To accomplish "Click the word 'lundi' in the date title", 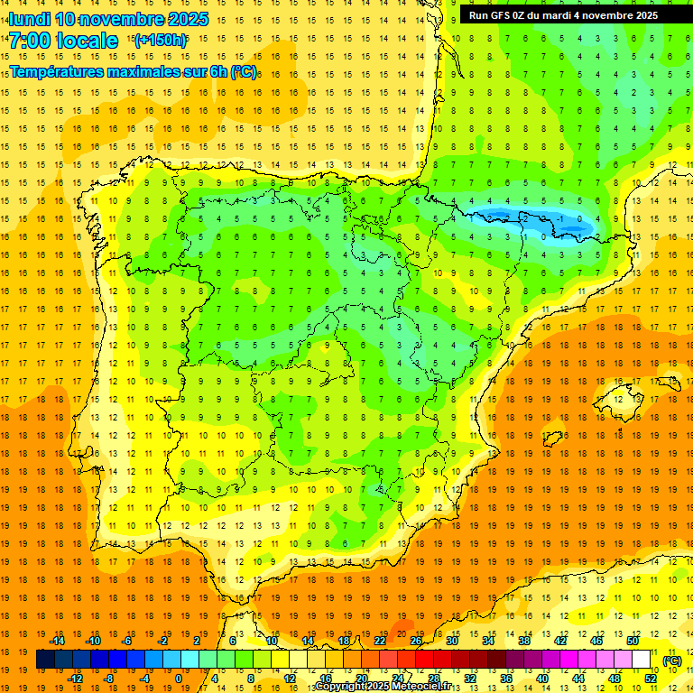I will [x=29, y=19].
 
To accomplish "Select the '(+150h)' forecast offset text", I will [x=160, y=41].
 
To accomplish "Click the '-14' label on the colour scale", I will [x=59, y=641].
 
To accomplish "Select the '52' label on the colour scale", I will [x=651, y=678].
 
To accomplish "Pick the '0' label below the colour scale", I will [x=179, y=678].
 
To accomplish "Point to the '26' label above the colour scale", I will [x=416, y=641].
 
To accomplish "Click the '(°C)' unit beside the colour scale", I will [x=671, y=661].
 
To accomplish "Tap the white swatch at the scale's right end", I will [x=642, y=660].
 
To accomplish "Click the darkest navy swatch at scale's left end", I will [x=45, y=660].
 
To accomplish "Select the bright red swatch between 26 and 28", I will [x=424, y=660].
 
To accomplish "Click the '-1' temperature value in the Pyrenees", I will [x=561, y=218].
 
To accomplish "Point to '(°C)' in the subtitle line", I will [x=243, y=70].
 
